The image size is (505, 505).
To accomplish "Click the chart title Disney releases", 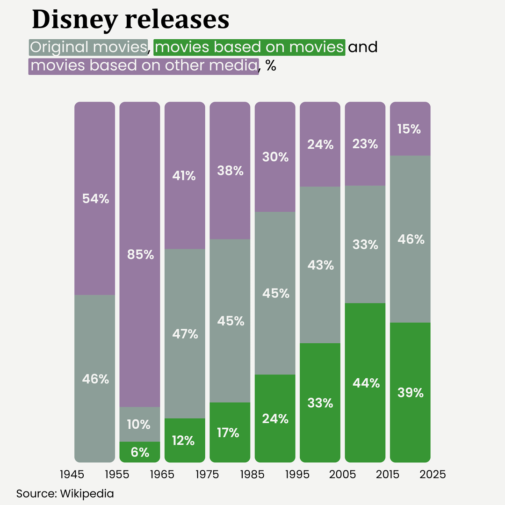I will tap(130, 20).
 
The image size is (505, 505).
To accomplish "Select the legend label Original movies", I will tap(88, 47).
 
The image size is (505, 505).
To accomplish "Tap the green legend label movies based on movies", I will tap(249, 47).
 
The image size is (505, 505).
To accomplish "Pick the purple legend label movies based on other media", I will tap(144, 65).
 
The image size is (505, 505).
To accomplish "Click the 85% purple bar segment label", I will tap(140, 255).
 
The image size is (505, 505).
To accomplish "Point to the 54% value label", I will tap(95, 199).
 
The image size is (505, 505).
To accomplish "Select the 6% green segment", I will tap(140, 452).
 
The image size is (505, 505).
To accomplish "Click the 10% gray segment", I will tap(140, 425).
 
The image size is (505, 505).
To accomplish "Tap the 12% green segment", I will tap(185, 440).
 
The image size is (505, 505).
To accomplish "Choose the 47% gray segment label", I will tap(185, 334).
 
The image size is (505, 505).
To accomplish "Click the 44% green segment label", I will tap(365, 383).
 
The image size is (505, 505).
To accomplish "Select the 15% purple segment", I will tap(410, 129).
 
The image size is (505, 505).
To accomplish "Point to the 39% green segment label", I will tap(410, 393).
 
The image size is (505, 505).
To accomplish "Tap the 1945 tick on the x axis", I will tap(72, 474).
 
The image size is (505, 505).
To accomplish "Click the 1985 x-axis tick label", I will tap(252, 474).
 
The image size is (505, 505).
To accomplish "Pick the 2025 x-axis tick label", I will tap(433, 474).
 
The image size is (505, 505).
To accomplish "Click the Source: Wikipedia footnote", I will tap(65, 493).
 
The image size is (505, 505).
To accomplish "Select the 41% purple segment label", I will tap(185, 176).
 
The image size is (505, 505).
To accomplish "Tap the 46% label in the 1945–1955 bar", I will tap(95, 379).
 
